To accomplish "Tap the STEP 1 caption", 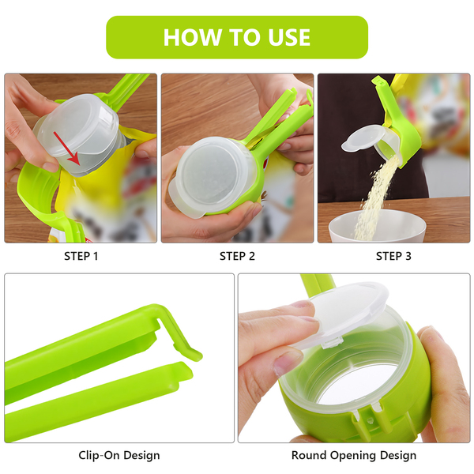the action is (81, 256).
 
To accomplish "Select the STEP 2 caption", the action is (237, 256).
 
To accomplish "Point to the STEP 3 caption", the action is (393, 256).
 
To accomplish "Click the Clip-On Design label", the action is (119, 455).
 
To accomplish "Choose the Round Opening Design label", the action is (354, 455).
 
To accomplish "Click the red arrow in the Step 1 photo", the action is (66, 149).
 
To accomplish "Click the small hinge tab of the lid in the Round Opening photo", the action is (332, 343).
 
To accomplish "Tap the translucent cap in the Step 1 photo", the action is (80, 133).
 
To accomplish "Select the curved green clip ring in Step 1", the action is (39, 194).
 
